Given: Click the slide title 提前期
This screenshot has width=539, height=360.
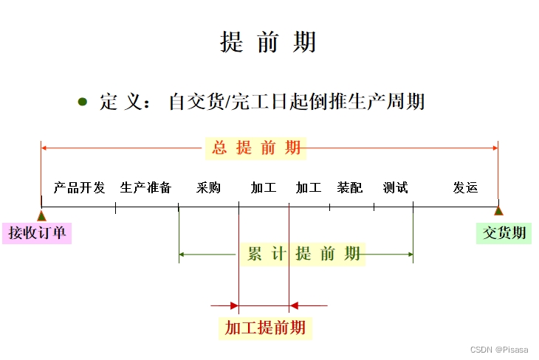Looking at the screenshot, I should pyautogui.click(x=268, y=42).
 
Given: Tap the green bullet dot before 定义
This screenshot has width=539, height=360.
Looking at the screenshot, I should pyautogui.click(x=83, y=101).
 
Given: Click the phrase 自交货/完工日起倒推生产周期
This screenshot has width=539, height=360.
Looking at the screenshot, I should pyautogui.click(x=297, y=101).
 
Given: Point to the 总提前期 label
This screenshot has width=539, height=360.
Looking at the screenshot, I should pyautogui.click(x=257, y=148).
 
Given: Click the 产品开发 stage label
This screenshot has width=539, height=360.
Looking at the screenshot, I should pyautogui.click(x=79, y=187).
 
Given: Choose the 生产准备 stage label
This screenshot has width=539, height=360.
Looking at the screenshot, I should pyautogui.click(x=145, y=187).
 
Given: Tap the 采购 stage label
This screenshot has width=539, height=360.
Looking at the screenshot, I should pyautogui.click(x=208, y=187).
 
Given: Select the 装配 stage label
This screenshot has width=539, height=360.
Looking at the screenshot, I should pyautogui.click(x=350, y=187).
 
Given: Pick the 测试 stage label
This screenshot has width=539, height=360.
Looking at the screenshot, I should pyautogui.click(x=395, y=187).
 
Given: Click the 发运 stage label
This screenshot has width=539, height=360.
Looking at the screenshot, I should pyautogui.click(x=465, y=187).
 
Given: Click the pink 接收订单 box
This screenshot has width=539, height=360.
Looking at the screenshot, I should pyautogui.click(x=37, y=233).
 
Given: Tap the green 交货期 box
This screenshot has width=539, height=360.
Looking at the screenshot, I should pyautogui.click(x=504, y=233).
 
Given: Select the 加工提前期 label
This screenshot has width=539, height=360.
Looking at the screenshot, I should pyautogui.click(x=265, y=327).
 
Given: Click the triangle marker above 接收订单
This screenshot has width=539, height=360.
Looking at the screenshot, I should pyautogui.click(x=41, y=215).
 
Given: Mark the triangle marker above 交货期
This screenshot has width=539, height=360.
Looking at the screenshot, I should pyautogui.click(x=498, y=212).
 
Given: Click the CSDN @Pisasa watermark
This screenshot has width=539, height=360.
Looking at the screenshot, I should pyautogui.click(x=499, y=349).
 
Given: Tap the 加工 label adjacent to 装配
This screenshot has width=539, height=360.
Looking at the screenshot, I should pyautogui.click(x=308, y=187).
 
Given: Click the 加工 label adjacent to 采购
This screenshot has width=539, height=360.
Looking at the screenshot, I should pyautogui.click(x=263, y=187).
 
